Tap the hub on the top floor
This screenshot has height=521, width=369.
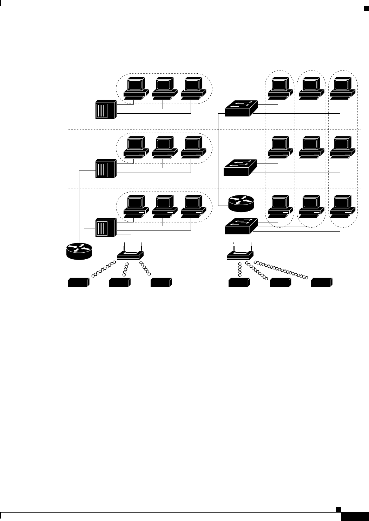point(106,109)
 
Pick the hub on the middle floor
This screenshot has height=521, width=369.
point(106,169)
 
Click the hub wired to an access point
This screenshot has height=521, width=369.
point(106,227)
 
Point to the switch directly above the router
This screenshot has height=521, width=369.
point(240,167)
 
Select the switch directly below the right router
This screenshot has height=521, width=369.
point(241,226)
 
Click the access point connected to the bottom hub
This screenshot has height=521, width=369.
point(130,255)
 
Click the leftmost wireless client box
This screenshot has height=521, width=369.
point(78,282)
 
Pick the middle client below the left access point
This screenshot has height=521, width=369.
point(120,282)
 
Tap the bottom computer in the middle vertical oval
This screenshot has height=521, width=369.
point(312,206)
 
